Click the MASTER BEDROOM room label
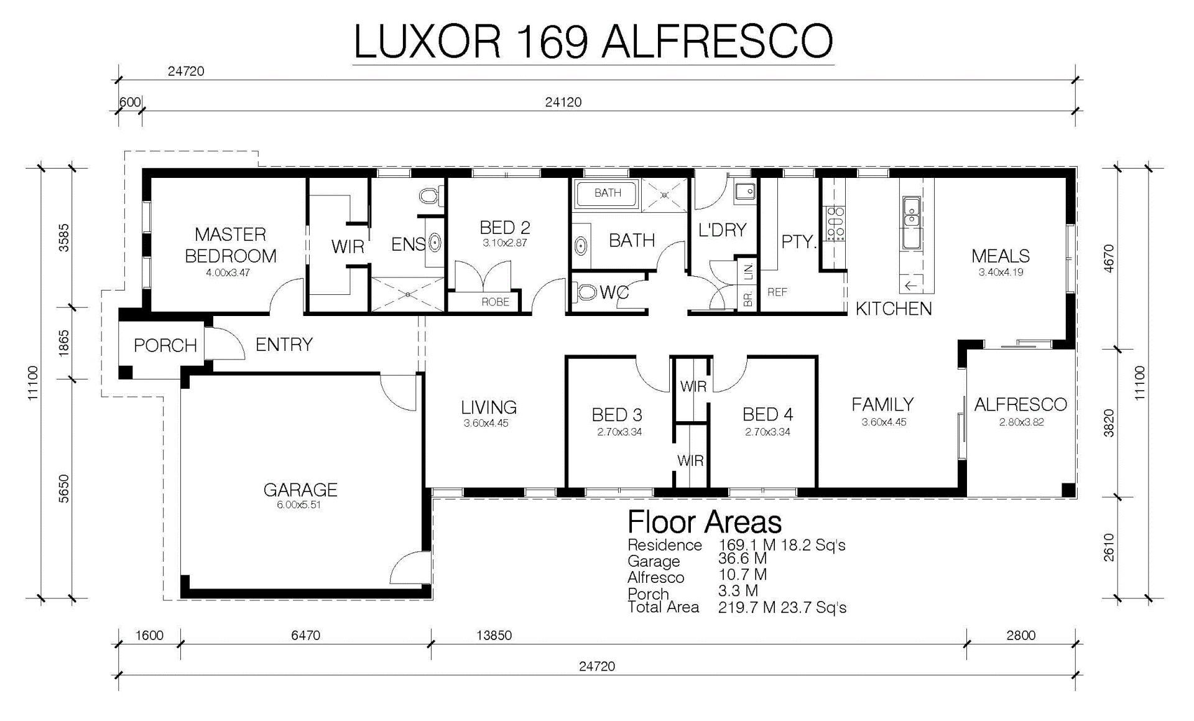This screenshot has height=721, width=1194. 231,245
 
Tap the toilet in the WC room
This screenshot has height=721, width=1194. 585,291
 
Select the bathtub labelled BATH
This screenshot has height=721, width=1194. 607,193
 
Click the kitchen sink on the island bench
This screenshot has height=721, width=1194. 911,212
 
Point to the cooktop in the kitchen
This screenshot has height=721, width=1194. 834,224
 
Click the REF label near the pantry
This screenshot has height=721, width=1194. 777,292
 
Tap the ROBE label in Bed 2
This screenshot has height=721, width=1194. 496,302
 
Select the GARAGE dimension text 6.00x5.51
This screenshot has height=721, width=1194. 299,505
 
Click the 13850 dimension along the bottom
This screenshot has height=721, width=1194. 494,635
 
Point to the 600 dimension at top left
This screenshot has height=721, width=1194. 130,102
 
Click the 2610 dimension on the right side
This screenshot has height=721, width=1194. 1109,547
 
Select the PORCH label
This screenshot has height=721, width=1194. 165,345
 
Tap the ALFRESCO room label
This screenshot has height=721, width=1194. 1020,404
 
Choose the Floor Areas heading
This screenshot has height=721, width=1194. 705,522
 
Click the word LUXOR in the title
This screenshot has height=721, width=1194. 427,42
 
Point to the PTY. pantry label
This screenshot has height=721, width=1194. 798,241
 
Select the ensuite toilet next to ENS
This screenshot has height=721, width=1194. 429,197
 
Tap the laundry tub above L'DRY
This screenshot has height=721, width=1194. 745,190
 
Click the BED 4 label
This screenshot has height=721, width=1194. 768,414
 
